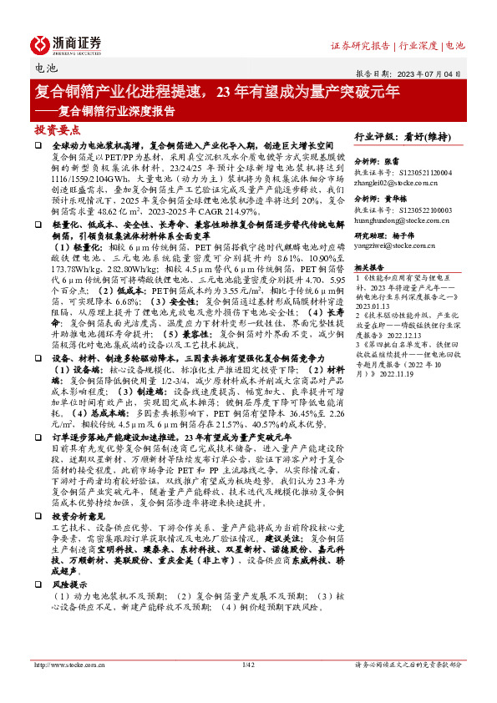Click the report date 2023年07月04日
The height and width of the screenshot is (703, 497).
coord(437,73)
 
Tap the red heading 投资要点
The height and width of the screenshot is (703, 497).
coord(57,130)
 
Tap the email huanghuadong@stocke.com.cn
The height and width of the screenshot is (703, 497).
coord(399,222)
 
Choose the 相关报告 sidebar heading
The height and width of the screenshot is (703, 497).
coord(369,266)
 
